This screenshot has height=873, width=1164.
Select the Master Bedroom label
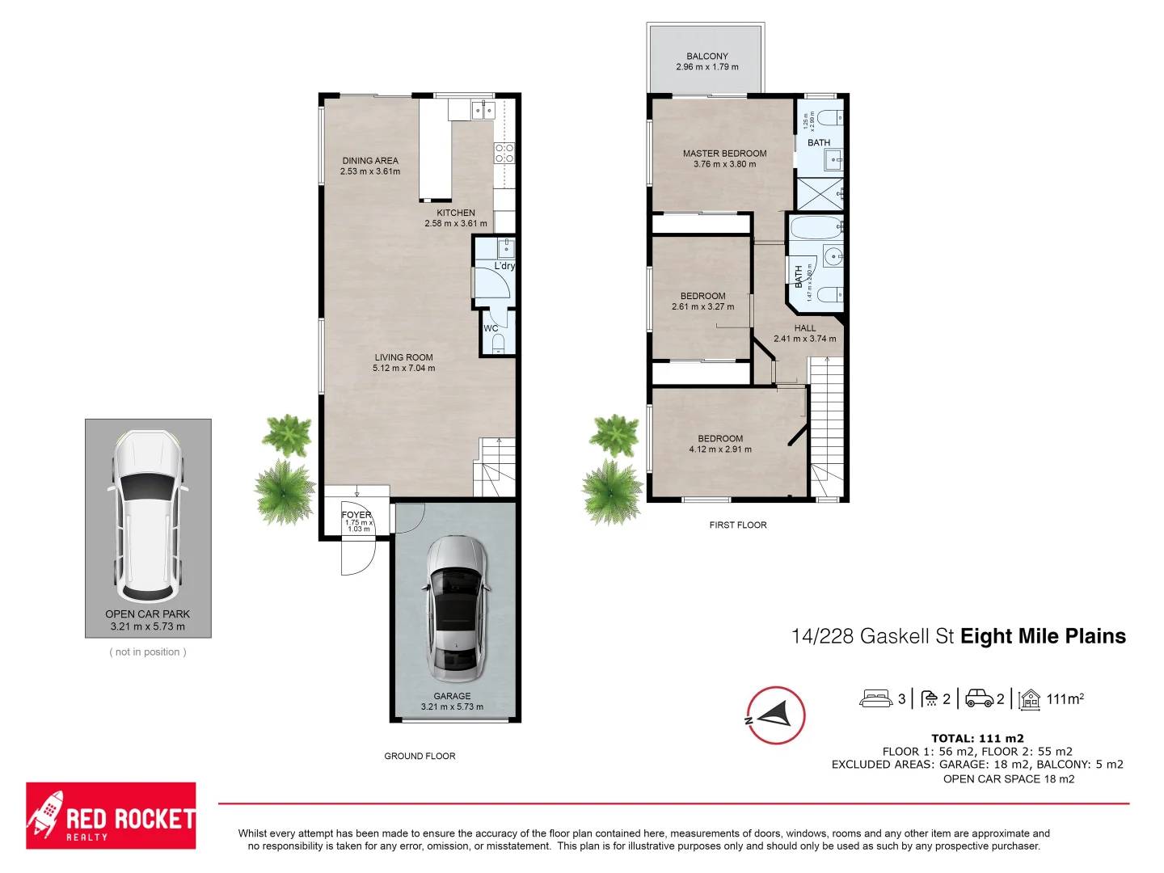point(724,153)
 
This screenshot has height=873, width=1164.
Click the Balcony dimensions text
point(706,67)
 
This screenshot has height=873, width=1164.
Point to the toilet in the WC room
point(499,344)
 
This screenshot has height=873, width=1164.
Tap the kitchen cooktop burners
point(504,153)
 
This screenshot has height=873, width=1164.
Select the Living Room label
point(403,357)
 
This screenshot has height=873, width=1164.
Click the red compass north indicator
point(775,715)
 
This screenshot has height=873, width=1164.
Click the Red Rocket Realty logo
point(111,816)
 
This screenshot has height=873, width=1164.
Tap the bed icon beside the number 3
point(875,698)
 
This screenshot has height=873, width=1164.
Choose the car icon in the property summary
point(979,698)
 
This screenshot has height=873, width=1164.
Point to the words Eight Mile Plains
point(1043,636)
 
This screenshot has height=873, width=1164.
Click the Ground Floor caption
point(420,756)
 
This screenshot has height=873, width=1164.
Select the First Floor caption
point(738,525)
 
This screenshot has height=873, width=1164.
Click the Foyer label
point(356,514)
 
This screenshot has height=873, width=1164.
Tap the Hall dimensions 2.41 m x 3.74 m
point(804,339)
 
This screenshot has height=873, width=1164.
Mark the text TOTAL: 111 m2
point(977,738)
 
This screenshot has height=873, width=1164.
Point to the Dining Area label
point(370,161)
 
